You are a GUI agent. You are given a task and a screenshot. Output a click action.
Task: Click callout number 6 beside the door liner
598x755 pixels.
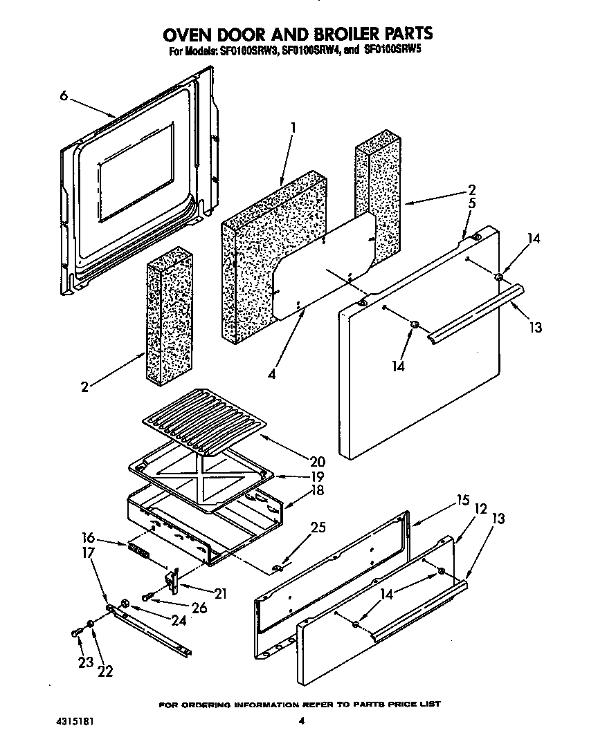63,96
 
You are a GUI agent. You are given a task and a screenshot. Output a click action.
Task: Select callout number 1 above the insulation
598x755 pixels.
293,128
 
